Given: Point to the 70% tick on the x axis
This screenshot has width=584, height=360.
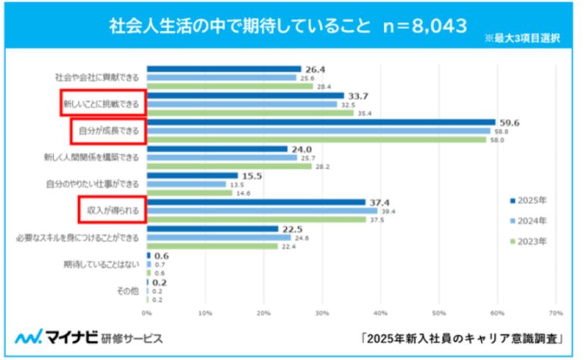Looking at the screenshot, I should pos(554,311).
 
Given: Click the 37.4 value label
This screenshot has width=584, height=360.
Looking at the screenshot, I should pos(378,202).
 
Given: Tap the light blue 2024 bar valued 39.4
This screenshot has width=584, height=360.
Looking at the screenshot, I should pos(262,211).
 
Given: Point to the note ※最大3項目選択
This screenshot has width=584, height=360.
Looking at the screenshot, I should pos(523,39).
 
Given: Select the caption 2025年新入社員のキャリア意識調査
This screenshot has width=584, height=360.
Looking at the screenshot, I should pos(466,337).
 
